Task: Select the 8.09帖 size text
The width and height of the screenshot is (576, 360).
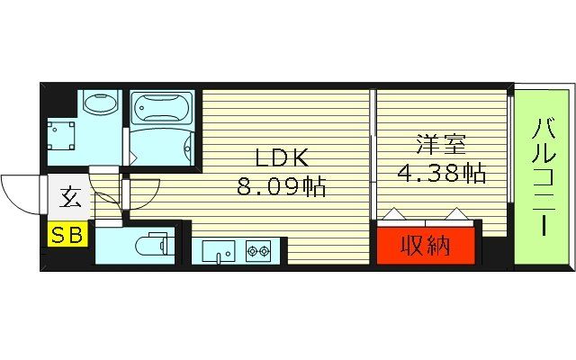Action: pos(282,187)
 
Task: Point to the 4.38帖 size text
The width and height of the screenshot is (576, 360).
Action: pos(436,173)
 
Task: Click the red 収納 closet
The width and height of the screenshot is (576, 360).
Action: pos(426,244)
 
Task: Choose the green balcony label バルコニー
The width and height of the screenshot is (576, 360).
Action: pos(543,176)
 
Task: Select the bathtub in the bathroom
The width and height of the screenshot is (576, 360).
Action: pos(162,110)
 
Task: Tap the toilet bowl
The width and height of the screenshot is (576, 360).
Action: pos(148,245)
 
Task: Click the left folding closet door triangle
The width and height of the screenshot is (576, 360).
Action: pos(392,216)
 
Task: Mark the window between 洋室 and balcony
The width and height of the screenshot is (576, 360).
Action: pos(509,171)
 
